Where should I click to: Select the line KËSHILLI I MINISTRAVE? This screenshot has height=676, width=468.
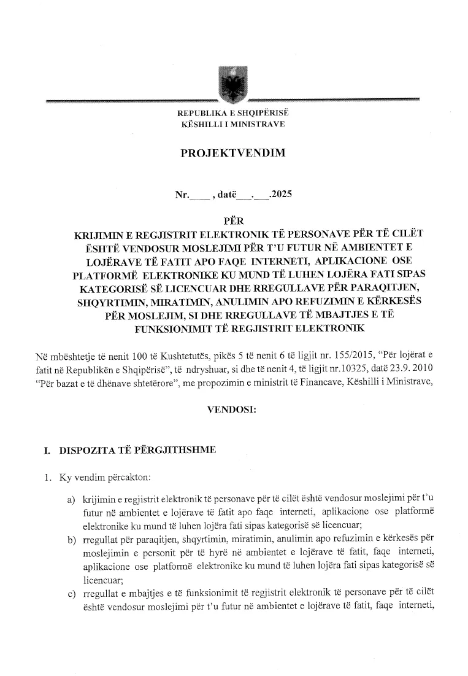(233, 124)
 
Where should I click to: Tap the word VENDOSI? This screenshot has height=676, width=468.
(233, 408)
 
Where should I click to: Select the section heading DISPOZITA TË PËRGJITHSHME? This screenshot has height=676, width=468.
(137, 450)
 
